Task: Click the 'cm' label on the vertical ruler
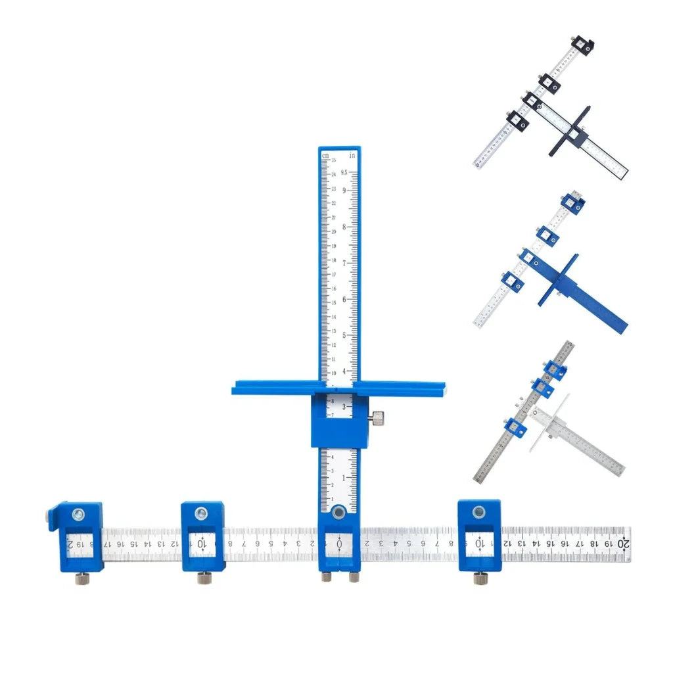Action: (325, 156)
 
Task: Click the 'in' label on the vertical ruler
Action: (352, 156)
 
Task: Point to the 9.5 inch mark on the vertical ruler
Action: (353, 174)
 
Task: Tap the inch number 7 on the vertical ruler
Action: (344, 263)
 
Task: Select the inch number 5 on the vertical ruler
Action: (344, 335)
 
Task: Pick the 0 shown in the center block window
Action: (339, 544)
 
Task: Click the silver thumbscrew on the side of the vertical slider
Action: (378, 417)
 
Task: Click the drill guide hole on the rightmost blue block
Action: (480, 512)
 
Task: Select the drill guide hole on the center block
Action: (339, 512)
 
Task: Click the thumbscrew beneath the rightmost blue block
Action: (480, 578)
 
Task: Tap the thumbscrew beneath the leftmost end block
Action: (81, 578)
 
